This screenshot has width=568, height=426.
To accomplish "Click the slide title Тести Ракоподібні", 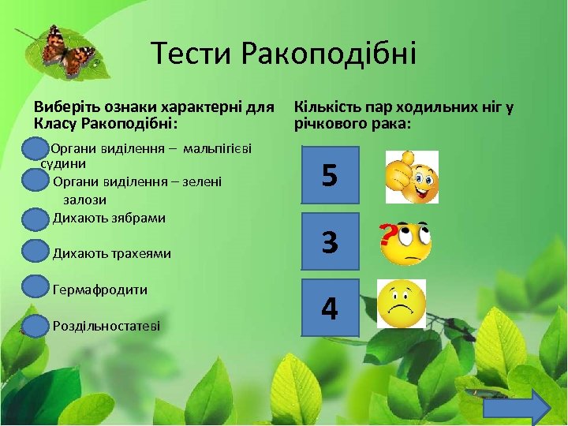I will tap(283, 54).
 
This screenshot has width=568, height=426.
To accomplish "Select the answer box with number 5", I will tap(330, 175).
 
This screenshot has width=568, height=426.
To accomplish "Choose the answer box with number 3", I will tap(330, 241).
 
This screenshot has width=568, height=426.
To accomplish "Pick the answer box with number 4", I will tap(330, 308).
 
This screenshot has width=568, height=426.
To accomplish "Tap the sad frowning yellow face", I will tap(402, 304).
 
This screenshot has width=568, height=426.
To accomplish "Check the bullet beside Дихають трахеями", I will tap(35, 252).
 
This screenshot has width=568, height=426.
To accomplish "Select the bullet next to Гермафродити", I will tap(35, 287).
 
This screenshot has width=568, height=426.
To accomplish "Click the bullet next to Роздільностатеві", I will tap(35, 324).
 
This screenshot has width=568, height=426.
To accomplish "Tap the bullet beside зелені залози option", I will tap(35, 182).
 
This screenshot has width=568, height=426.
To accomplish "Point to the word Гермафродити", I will tap(99, 290).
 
